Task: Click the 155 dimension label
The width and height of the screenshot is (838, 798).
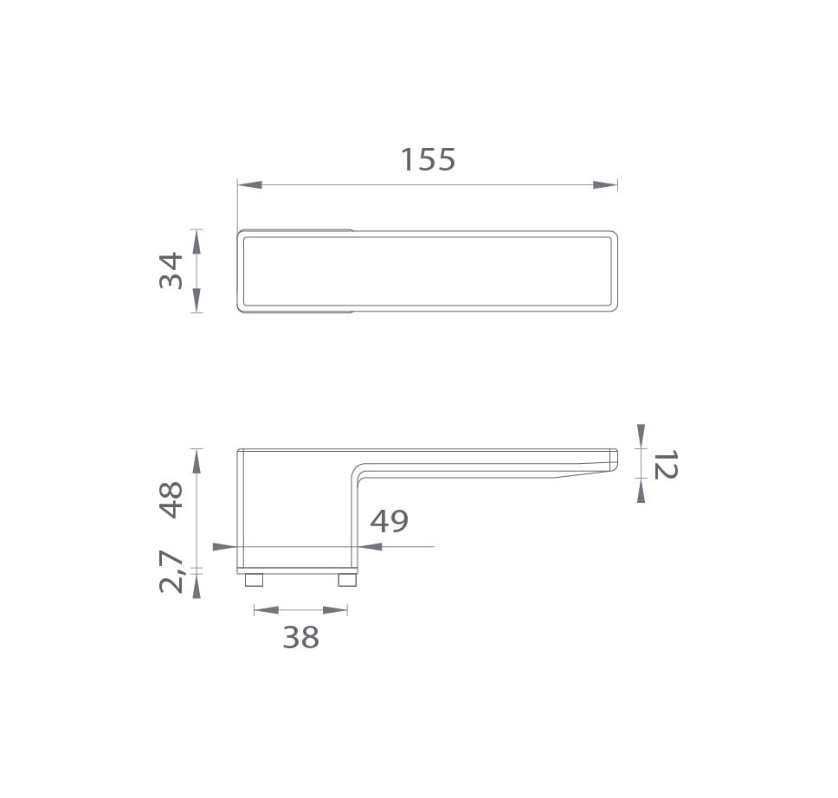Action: coord(428,159)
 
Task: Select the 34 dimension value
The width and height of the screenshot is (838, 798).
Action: coord(171,270)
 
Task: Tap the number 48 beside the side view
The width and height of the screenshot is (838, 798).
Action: coord(171,499)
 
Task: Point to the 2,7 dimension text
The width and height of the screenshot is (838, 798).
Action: coord(171,572)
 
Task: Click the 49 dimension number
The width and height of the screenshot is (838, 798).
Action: coord(389,521)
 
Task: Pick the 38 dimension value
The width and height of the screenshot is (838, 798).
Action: coord(301,637)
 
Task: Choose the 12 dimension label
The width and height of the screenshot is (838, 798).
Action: coord(666,464)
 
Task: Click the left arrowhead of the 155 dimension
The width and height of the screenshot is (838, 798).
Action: coord(249,185)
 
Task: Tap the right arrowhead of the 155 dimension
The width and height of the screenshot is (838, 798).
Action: coord(605,185)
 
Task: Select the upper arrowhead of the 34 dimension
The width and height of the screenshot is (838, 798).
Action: coord(197,241)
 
